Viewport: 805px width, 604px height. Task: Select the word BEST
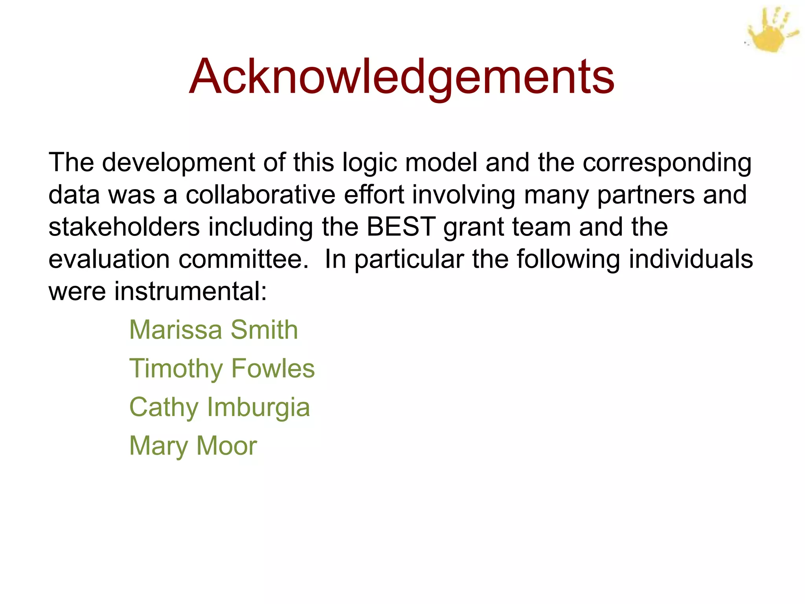point(401,227)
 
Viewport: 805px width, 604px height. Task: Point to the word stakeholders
point(124,227)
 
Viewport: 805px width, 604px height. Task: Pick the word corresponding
point(667,163)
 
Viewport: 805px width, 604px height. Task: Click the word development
point(178,163)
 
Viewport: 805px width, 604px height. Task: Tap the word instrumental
point(190,291)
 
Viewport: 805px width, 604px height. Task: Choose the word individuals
point(691,260)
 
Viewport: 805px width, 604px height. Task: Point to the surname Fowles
point(273,368)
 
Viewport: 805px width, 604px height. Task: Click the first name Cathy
point(164,407)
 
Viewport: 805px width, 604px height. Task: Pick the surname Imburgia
point(258,407)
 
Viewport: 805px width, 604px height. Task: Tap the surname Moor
point(226,446)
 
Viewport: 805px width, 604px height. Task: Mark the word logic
point(369,163)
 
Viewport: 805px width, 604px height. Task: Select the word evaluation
point(109,260)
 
